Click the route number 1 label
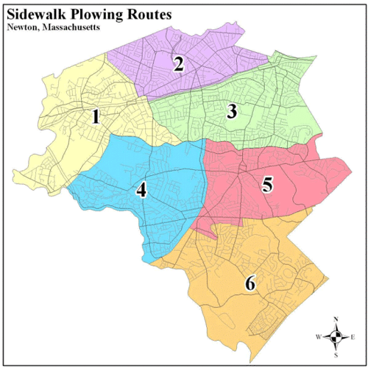(95, 116)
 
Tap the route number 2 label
(178, 63)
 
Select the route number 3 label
(232, 112)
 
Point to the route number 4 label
(141, 190)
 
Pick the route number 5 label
(268, 184)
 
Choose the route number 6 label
(250, 283)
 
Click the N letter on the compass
(336, 319)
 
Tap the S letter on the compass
(336, 354)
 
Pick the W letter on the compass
(319, 337)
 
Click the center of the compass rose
(336, 336)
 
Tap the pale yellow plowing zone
(59, 147)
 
